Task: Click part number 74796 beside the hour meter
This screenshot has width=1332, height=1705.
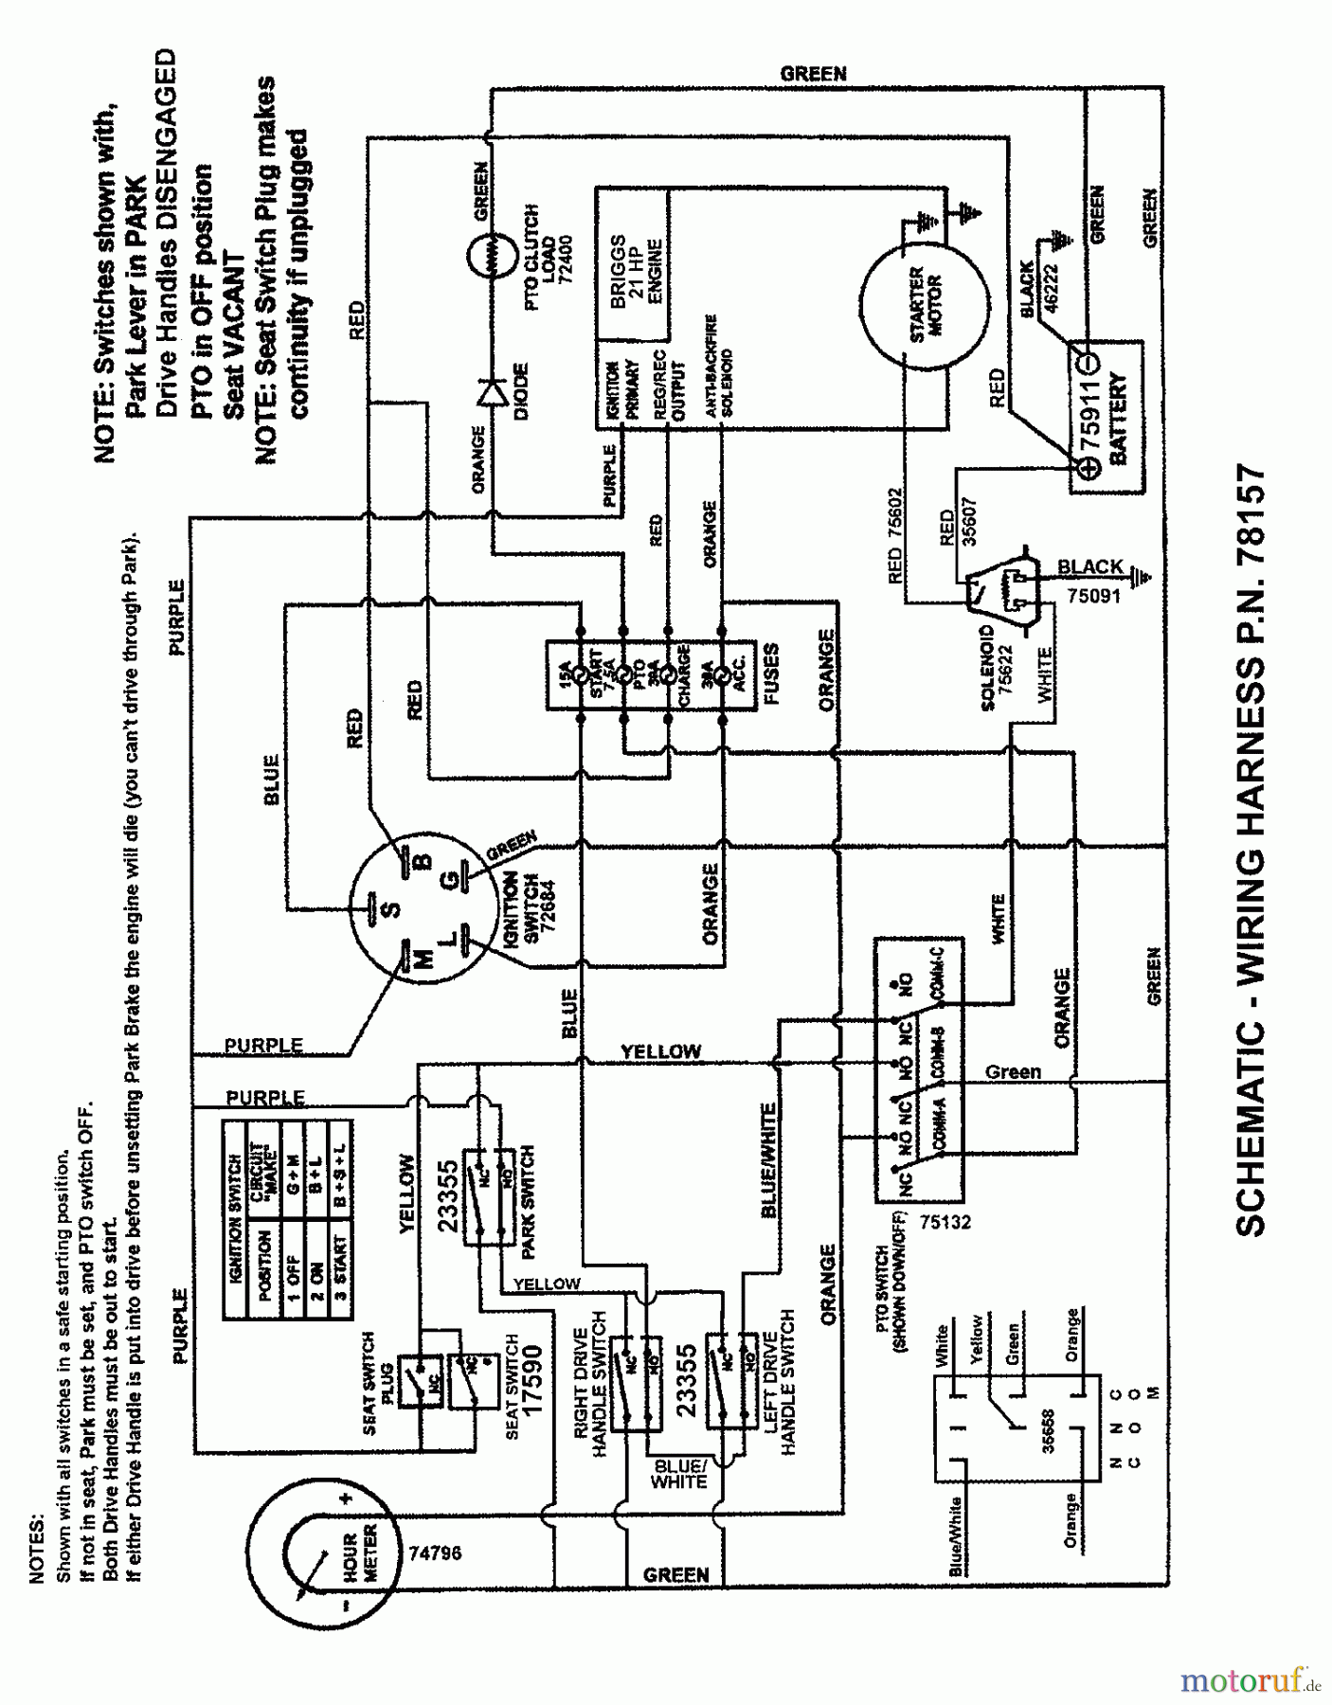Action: pyautogui.click(x=435, y=1553)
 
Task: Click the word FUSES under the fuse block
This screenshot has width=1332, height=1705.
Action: pyautogui.click(x=771, y=675)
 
